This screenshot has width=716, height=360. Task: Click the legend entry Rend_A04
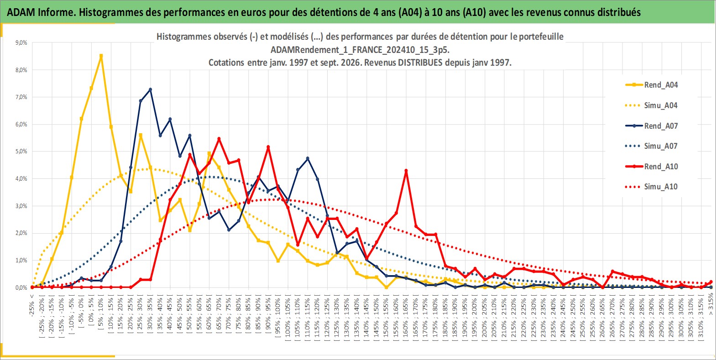652,85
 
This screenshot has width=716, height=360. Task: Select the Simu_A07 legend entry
652,146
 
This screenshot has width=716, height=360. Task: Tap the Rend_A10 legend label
661,167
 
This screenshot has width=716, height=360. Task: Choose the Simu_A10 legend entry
652,187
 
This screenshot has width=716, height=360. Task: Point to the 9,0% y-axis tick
21,42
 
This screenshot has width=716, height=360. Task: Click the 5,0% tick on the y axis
21,151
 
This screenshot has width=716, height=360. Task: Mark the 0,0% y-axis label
21,287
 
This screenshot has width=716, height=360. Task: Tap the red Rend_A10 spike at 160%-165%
406,171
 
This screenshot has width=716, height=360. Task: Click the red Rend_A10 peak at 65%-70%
219,139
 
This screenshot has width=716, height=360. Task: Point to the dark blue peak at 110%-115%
308,158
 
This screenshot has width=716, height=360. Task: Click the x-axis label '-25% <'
31,306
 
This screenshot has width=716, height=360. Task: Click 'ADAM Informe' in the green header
40,12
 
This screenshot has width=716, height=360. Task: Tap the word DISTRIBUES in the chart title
420,63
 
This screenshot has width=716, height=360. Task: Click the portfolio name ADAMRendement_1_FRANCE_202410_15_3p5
360,50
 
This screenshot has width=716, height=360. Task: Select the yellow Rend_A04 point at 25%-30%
140,135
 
